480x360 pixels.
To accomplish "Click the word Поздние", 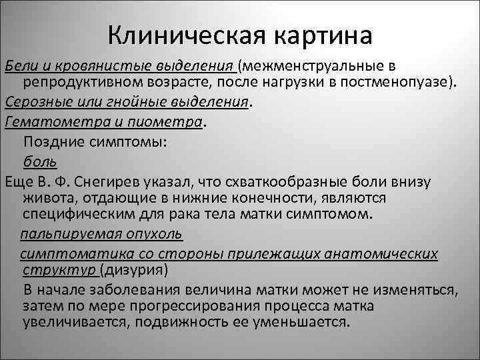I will click(53, 141).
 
